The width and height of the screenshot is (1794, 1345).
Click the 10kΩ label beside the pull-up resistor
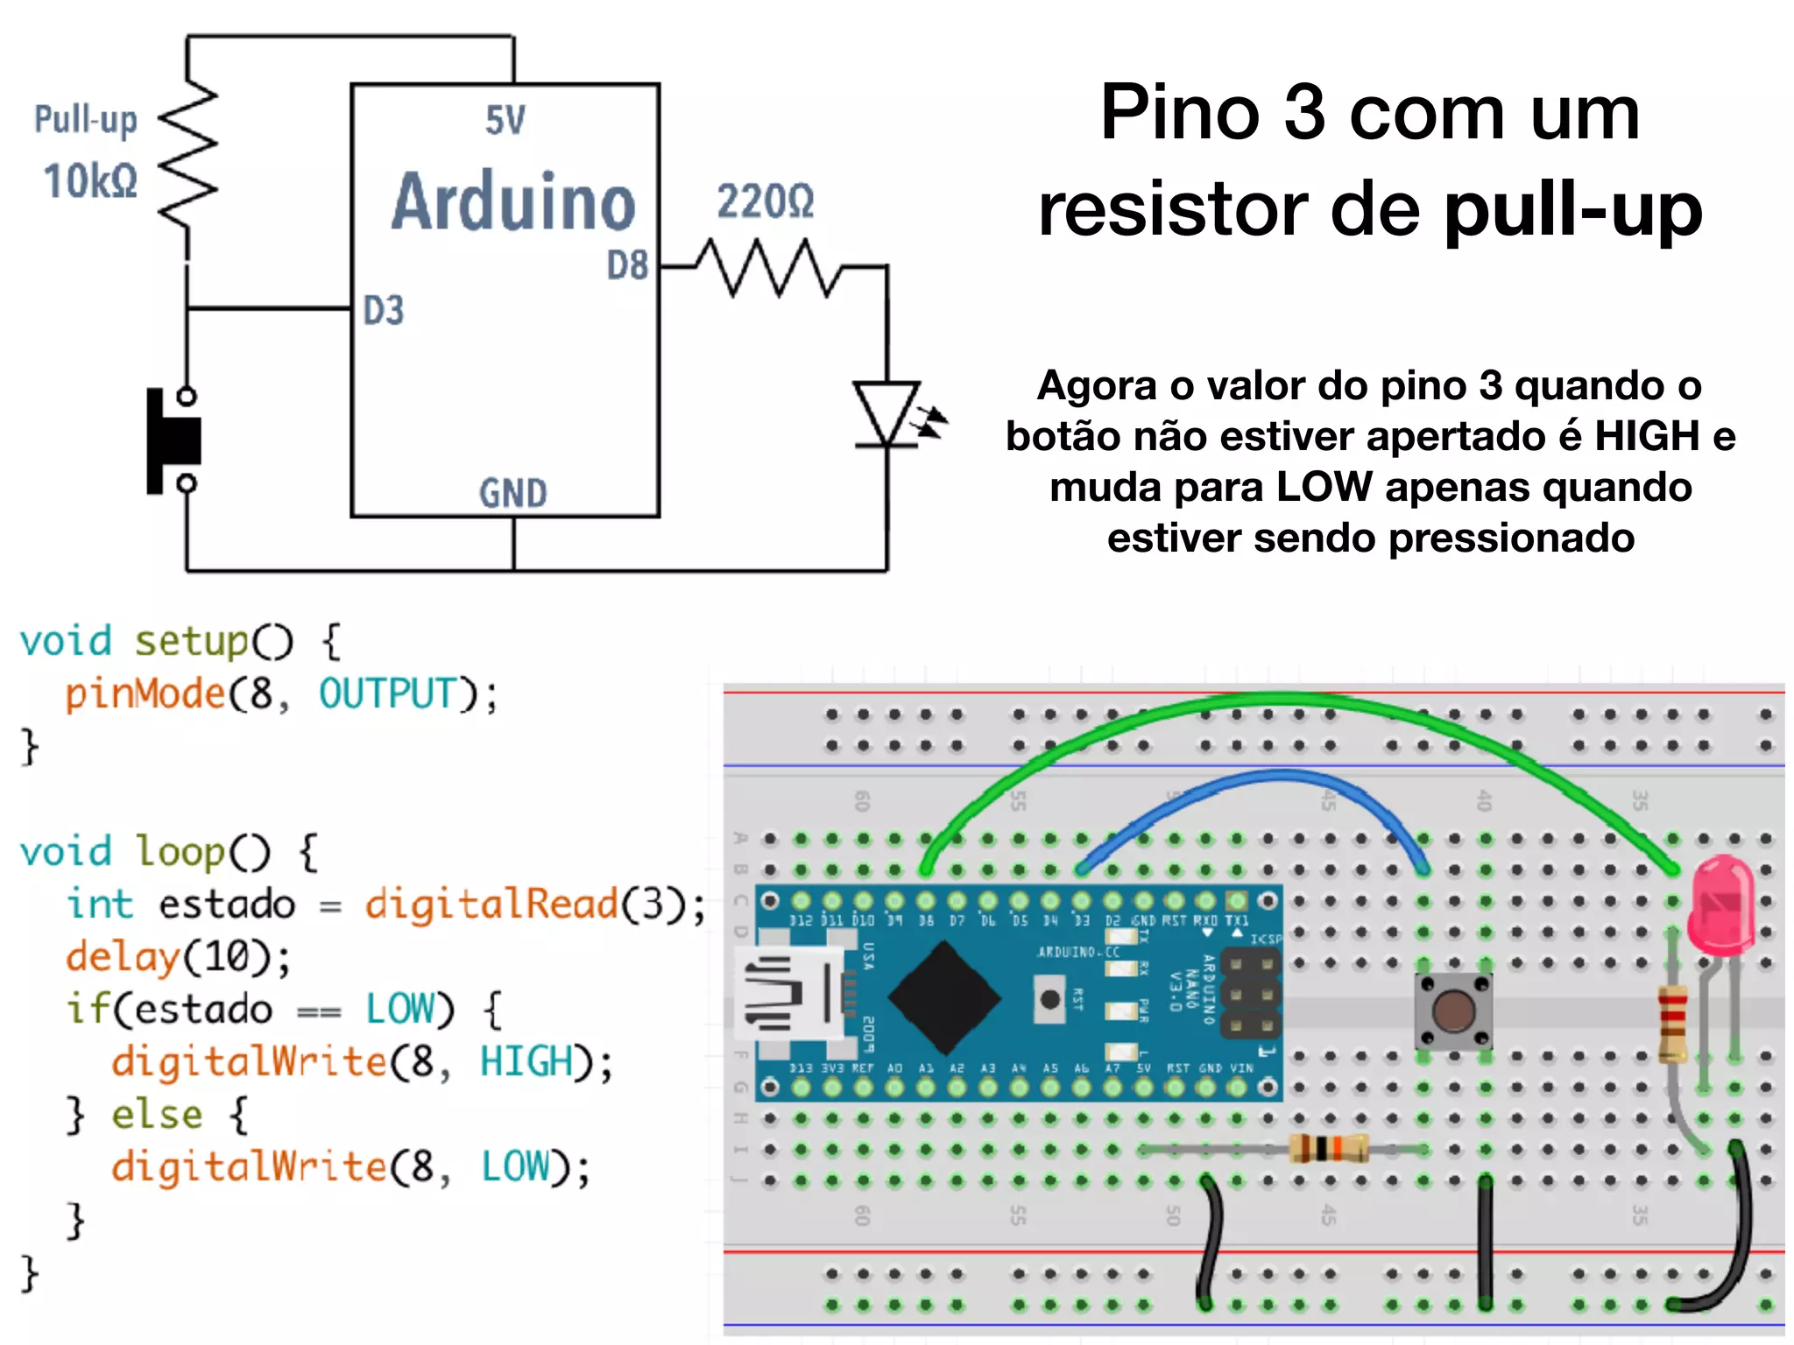point(90,181)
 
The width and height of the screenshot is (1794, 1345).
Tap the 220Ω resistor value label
point(765,201)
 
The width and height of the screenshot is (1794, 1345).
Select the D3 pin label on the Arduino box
point(384,311)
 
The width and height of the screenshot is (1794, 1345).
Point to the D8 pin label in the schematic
point(627,265)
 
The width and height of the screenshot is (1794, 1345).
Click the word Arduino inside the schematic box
point(512,203)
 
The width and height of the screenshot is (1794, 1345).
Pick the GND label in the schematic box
point(512,493)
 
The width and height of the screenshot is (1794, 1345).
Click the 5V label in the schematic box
point(505,121)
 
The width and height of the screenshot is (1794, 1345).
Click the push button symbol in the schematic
point(175,440)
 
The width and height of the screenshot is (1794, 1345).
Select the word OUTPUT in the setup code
point(388,694)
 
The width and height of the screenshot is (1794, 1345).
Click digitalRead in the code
point(491,904)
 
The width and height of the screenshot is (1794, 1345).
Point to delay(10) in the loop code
point(178,956)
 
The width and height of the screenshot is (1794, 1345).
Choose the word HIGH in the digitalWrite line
point(526,1061)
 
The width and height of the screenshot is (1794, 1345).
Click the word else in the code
point(157,1115)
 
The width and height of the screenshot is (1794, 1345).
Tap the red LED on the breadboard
point(1722,906)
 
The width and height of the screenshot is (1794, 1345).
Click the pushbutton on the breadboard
point(1453,1011)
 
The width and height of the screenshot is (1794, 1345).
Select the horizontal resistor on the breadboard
point(1327,1148)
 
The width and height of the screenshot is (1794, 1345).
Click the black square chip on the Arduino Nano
point(943,997)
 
